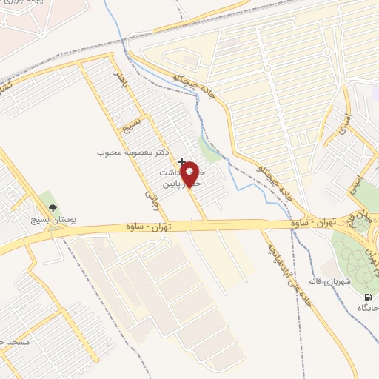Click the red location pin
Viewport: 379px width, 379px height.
tap(191, 175)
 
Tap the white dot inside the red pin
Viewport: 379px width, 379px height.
tap(191, 171)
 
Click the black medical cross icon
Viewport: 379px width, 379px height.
tap(182, 161)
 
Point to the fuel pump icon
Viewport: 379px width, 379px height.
tap(368, 297)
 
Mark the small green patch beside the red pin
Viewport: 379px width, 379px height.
tap(210, 152)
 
